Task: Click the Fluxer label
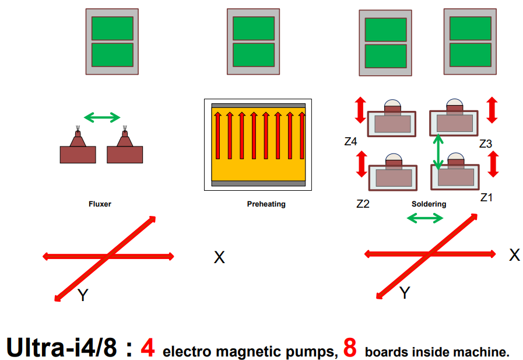tap(100, 204)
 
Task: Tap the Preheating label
tap(266, 204)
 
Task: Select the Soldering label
tap(429, 204)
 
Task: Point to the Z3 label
tap(487, 143)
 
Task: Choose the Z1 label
tap(487, 198)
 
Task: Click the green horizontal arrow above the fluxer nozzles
tap(102, 118)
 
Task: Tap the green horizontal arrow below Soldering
tap(424, 218)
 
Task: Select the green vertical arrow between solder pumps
tap(437, 152)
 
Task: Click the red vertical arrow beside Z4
tap(360, 110)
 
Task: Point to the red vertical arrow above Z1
tap(493, 164)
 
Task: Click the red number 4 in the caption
tap(148, 348)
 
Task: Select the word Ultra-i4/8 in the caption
tap(61, 348)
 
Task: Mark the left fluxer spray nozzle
tap(78, 139)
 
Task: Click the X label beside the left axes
tap(219, 257)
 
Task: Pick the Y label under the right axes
tap(405, 293)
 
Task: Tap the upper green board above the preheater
tap(254, 28)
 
